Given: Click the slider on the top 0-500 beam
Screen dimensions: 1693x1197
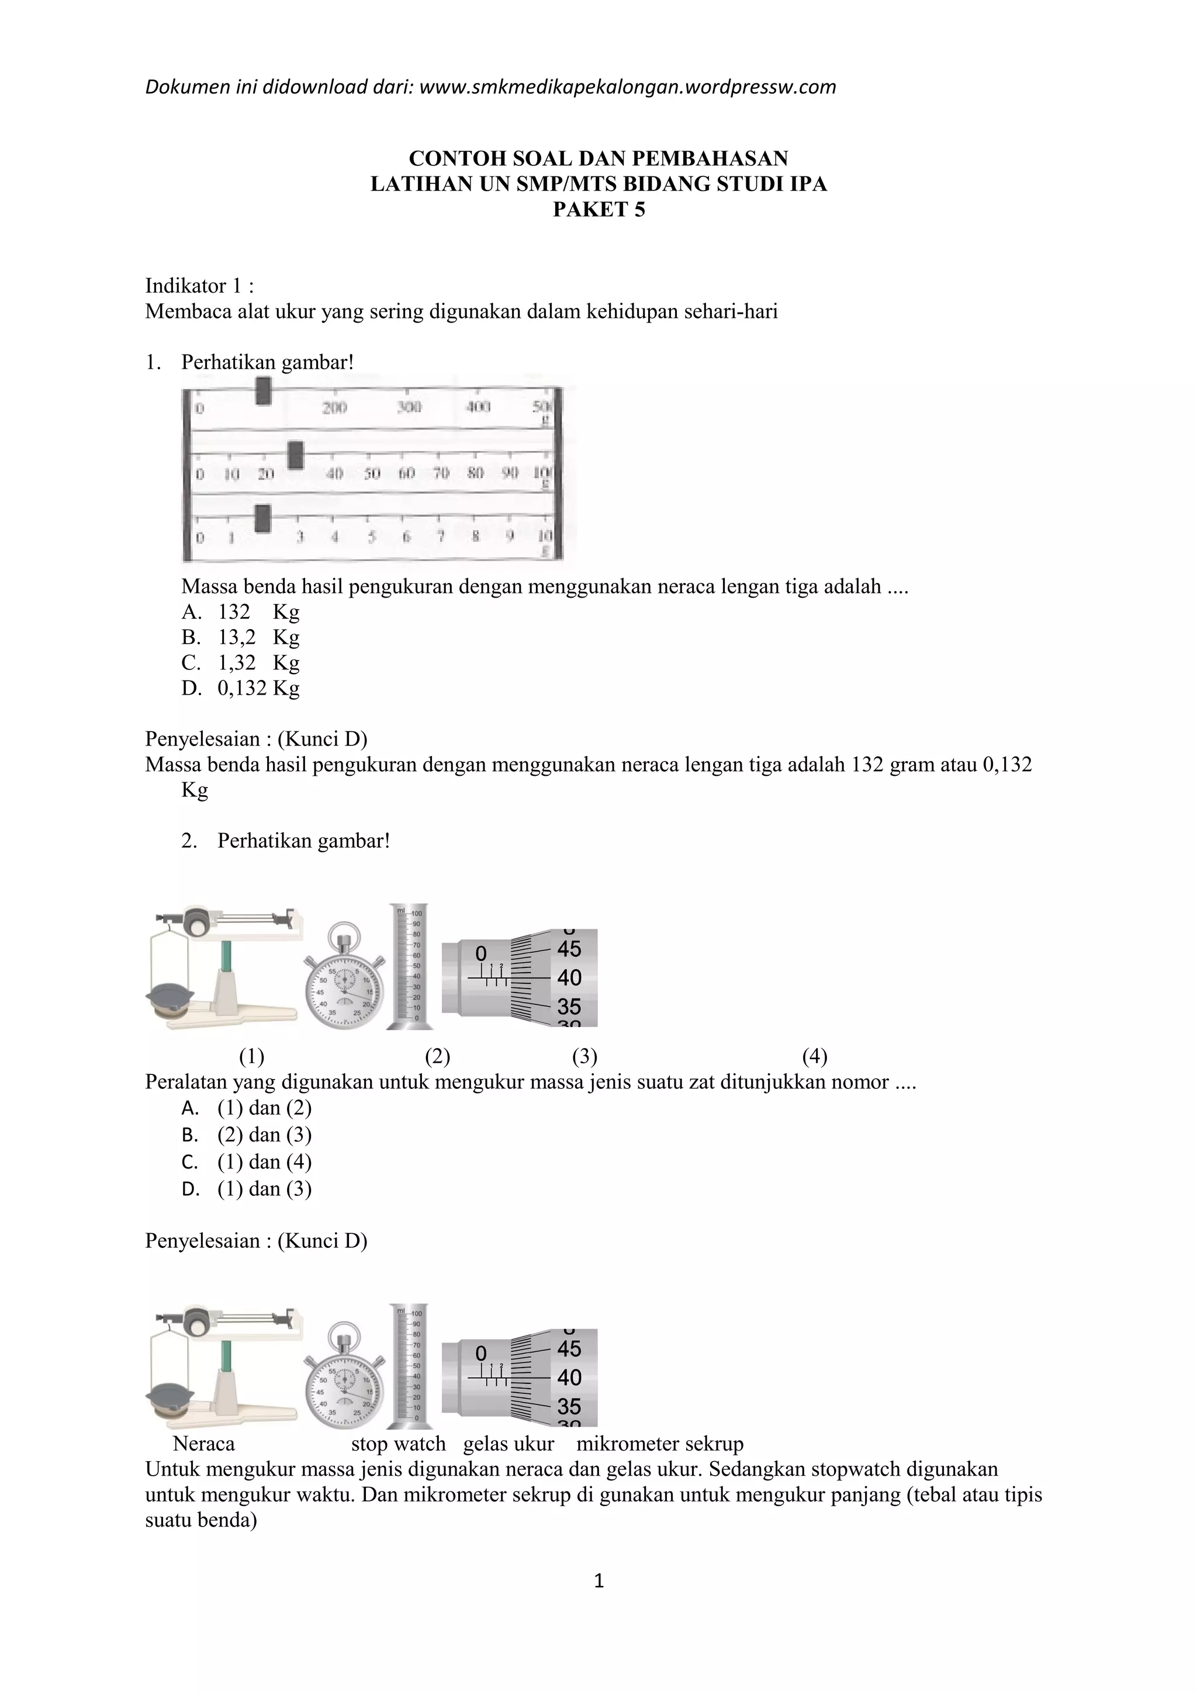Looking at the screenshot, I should pyautogui.click(x=263, y=391).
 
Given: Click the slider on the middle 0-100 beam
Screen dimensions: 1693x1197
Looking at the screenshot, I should pyautogui.click(x=296, y=455).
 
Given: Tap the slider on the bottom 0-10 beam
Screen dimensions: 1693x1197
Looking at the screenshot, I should pyautogui.click(x=262, y=518).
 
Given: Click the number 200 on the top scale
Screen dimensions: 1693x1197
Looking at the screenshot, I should pyautogui.click(x=334, y=408).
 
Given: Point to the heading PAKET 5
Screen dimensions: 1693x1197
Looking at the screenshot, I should pyautogui.click(x=599, y=210).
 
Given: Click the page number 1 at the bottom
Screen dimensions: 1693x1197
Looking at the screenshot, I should pyautogui.click(x=599, y=1580).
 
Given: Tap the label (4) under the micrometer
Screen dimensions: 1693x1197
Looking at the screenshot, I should pyautogui.click(x=814, y=1057).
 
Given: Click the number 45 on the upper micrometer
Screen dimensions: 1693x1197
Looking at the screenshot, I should pyautogui.click(x=569, y=949).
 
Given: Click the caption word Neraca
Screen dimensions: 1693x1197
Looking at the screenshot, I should pyautogui.click(x=203, y=1444).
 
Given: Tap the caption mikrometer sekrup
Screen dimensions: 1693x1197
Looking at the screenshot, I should pyautogui.click(x=659, y=1444).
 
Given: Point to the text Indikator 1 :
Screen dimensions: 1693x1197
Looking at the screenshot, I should pyautogui.click(x=199, y=285).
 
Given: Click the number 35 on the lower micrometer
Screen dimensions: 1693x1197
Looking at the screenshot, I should pyautogui.click(x=569, y=1406).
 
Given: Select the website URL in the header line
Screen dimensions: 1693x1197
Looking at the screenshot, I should pyautogui.click(x=627, y=87).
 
